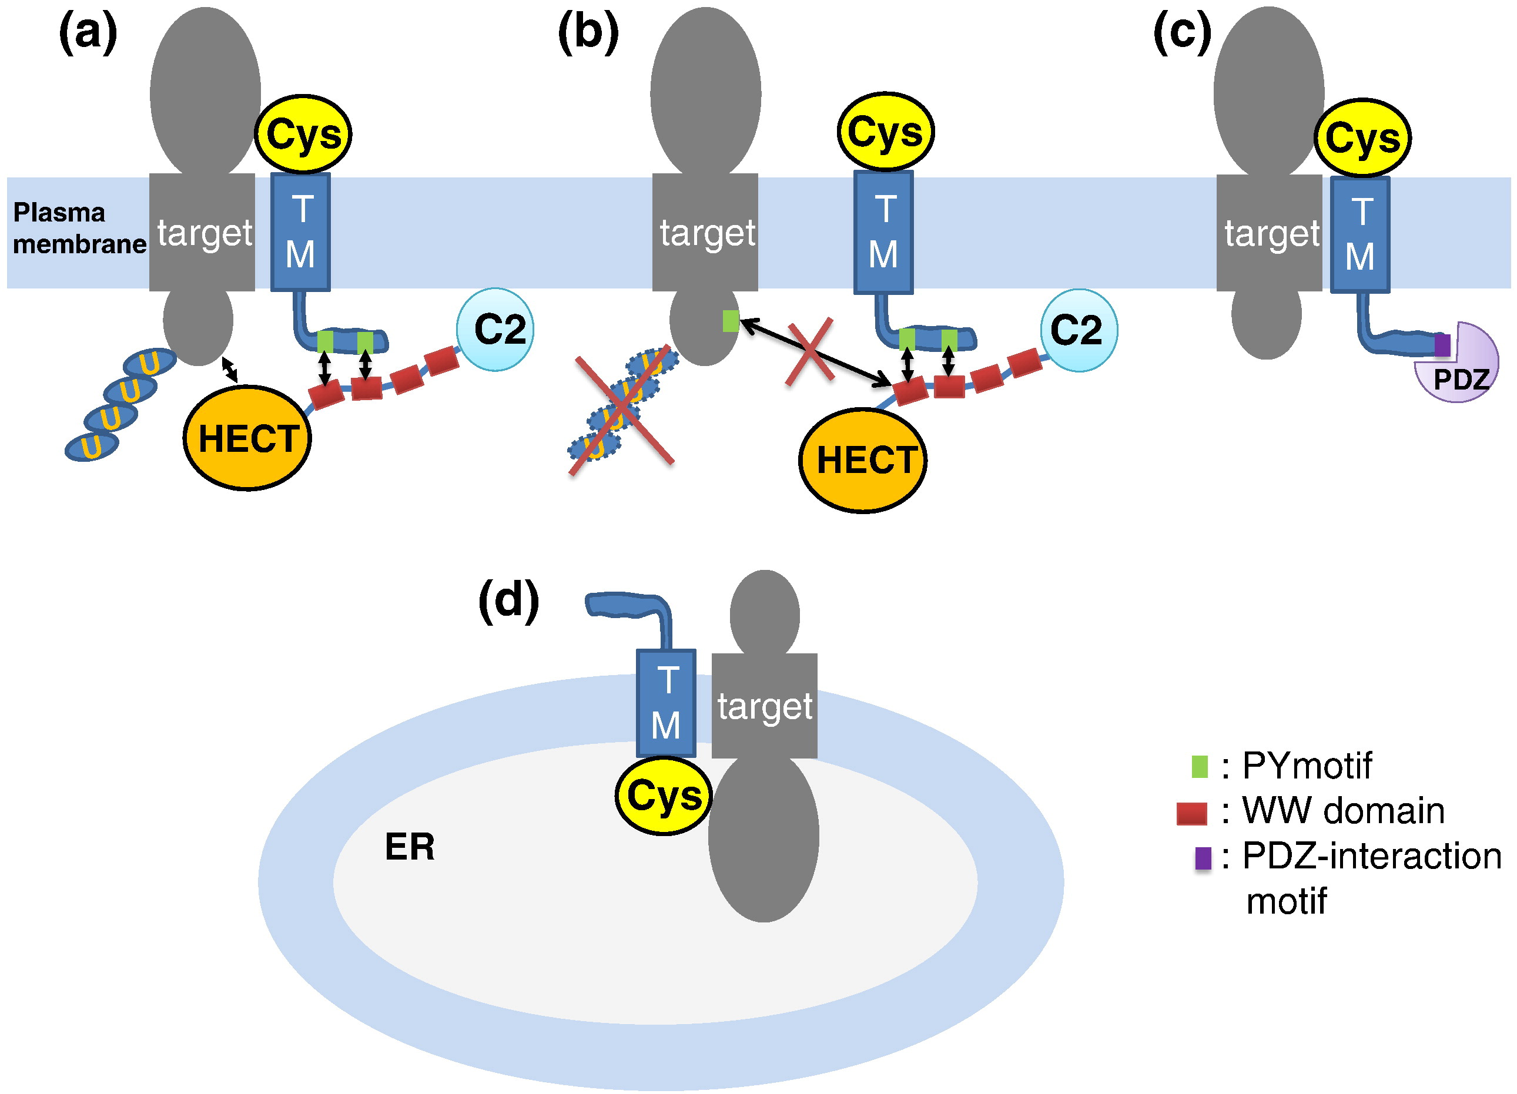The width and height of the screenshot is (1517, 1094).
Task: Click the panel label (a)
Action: tap(88, 33)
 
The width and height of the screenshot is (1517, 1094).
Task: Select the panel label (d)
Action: tap(508, 600)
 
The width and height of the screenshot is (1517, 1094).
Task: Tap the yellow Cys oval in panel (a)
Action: tap(304, 135)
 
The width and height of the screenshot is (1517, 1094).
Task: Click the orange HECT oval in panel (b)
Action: tap(863, 461)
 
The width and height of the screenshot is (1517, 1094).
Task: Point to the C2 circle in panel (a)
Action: tap(495, 330)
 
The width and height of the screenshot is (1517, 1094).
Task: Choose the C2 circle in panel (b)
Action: tap(1078, 330)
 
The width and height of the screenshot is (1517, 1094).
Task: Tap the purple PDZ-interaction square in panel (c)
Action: tap(1443, 345)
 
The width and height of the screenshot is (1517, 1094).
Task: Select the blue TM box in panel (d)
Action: tap(666, 703)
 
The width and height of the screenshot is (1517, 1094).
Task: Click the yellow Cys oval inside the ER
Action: tap(664, 796)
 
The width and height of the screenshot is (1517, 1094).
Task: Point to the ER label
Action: tap(409, 847)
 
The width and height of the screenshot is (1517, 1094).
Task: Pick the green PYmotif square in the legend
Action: tap(1200, 766)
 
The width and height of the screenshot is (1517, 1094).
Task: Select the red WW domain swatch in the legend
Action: tap(1191, 813)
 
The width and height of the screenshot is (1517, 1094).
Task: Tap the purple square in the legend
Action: tap(1203, 858)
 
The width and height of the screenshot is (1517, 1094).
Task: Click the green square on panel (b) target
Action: tap(731, 321)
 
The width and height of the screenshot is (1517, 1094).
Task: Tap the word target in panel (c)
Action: tap(1272, 233)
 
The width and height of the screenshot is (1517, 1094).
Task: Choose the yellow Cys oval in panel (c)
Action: tap(1362, 139)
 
